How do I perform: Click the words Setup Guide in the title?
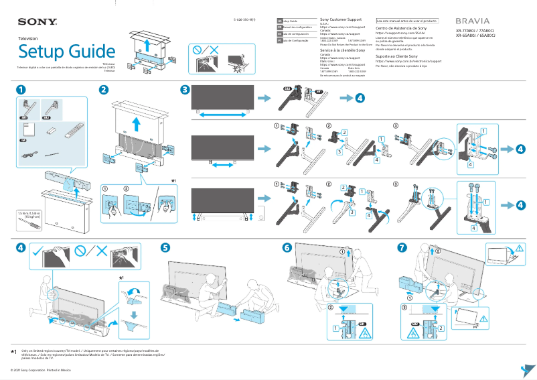tap(66, 51)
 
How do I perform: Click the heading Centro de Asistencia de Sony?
tap(402, 29)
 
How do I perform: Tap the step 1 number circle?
tap(22, 90)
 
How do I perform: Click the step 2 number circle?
tap(104, 90)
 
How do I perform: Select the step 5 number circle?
tap(165, 247)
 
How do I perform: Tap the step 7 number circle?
tap(402, 247)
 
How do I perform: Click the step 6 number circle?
tap(287, 247)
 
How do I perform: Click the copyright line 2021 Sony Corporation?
tap(40, 370)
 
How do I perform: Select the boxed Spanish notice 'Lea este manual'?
tap(407, 21)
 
